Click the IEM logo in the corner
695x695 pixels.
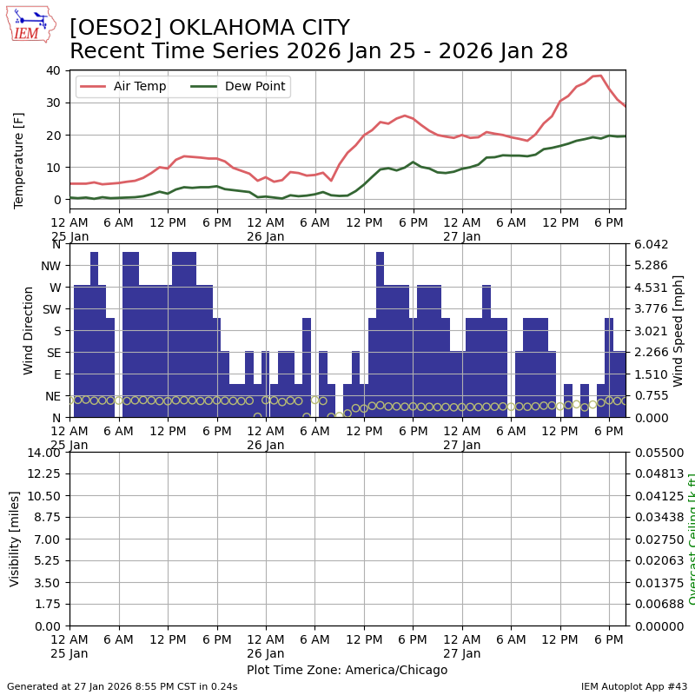tap(30, 24)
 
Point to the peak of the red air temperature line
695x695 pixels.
tap(599, 76)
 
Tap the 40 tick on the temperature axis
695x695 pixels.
tap(54, 70)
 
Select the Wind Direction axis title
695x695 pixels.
tap(29, 330)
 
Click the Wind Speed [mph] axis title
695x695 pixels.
tap(678, 330)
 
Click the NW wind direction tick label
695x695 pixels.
tap(52, 265)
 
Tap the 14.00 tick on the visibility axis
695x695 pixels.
tap(45, 453)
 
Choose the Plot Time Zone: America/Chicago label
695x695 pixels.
tap(347, 670)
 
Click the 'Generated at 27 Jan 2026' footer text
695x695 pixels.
tap(122, 686)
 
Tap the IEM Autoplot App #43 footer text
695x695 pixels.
tap(633, 686)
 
